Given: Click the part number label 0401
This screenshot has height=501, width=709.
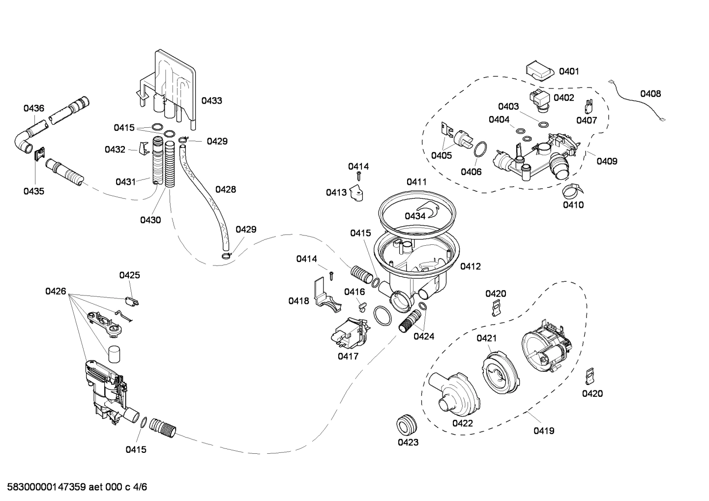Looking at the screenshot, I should (x=569, y=71).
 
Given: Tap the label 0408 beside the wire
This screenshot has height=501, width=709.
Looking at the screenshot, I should (x=650, y=93).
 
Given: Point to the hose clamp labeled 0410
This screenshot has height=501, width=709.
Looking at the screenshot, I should (x=571, y=188).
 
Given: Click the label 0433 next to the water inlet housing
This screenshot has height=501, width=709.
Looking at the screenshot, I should (x=211, y=100).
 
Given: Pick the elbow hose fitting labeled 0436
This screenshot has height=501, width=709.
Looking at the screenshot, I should (x=23, y=141).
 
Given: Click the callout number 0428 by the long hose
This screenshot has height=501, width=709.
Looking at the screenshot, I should (x=225, y=189).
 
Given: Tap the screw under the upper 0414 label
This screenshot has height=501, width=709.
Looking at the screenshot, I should (x=359, y=176).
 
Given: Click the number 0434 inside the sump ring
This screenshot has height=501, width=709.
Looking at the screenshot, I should (x=415, y=216).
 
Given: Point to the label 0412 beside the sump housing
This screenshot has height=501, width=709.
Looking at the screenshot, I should (x=470, y=266).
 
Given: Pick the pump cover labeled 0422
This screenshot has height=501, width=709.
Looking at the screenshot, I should (x=453, y=395).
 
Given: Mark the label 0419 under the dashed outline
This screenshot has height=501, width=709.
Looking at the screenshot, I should (x=543, y=431).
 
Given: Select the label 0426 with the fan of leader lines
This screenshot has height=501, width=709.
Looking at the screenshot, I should (x=56, y=291).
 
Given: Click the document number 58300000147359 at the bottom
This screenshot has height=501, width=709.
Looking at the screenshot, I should (x=47, y=487).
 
